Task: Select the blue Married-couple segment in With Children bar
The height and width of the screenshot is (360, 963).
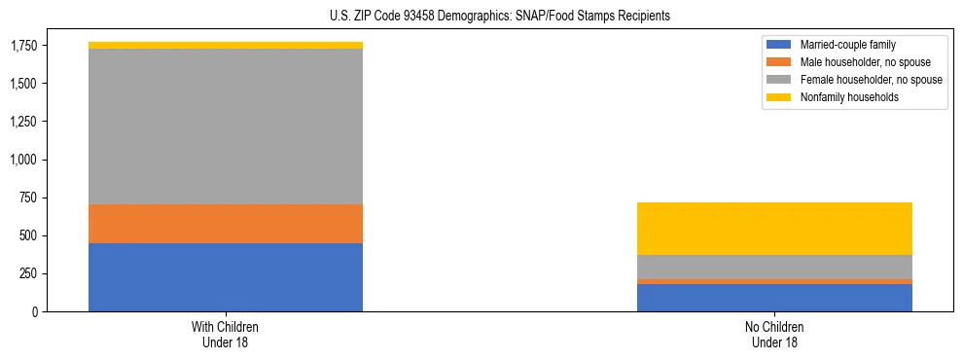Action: coord(226,277)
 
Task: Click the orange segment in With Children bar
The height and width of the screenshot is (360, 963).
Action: coord(226,224)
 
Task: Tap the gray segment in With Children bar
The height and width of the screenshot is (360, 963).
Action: coord(226,126)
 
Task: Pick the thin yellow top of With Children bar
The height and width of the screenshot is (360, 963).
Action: coord(226,46)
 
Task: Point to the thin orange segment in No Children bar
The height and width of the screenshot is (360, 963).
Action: coord(774,282)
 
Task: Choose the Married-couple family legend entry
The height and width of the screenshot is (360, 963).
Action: coord(846,45)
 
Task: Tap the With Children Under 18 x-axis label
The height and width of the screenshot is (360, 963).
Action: coord(226,335)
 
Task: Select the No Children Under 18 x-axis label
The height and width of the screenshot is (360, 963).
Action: coord(774,335)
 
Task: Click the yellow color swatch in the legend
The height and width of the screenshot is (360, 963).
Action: coord(779,97)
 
